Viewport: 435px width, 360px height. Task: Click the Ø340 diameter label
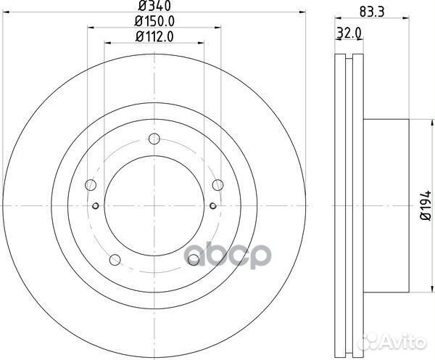click(153, 9)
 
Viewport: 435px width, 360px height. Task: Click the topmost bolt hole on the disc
click(153, 140)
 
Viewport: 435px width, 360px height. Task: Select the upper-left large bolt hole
click(90, 185)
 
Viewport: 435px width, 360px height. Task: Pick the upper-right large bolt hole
click(216, 185)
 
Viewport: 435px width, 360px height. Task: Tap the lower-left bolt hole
click(114, 259)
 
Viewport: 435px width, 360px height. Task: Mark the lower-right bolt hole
click(192, 259)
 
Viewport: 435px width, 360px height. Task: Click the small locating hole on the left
click(96, 205)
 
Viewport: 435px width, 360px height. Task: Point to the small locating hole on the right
click(211, 205)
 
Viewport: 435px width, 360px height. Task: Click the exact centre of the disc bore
click(153, 205)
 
